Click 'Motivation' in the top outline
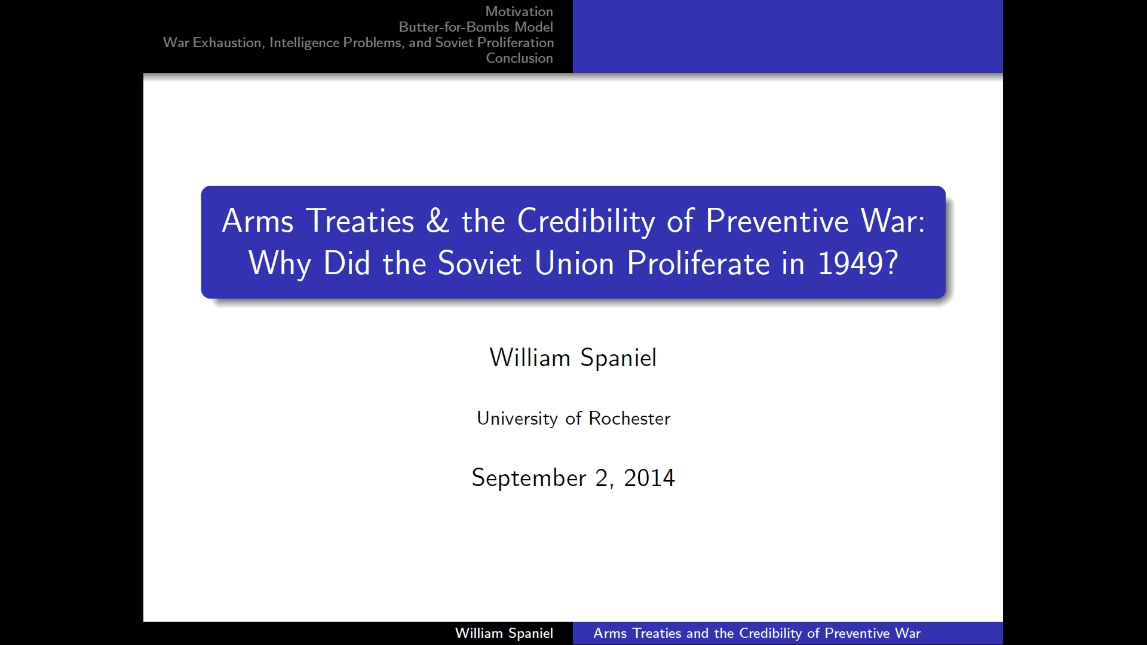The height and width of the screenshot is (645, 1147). (519, 11)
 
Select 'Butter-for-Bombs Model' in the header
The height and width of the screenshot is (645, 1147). (476, 27)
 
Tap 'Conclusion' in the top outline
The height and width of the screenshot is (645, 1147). (519, 58)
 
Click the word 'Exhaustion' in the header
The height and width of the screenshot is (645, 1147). (228, 42)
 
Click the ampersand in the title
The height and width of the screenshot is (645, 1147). (438, 220)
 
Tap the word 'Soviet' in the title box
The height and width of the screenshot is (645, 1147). (480, 263)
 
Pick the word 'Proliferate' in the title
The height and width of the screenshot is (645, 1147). (698, 263)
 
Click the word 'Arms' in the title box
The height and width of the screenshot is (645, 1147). (258, 220)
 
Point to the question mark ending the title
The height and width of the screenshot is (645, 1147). (891, 263)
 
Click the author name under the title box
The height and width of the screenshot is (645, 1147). (573, 358)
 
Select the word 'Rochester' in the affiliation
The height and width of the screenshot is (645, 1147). (630, 418)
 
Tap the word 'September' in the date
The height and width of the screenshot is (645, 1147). (529, 478)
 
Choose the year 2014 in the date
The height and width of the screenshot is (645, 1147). (649, 478)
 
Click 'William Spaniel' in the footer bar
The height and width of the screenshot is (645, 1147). (504, 633)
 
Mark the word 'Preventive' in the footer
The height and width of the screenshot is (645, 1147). (857, 633)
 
